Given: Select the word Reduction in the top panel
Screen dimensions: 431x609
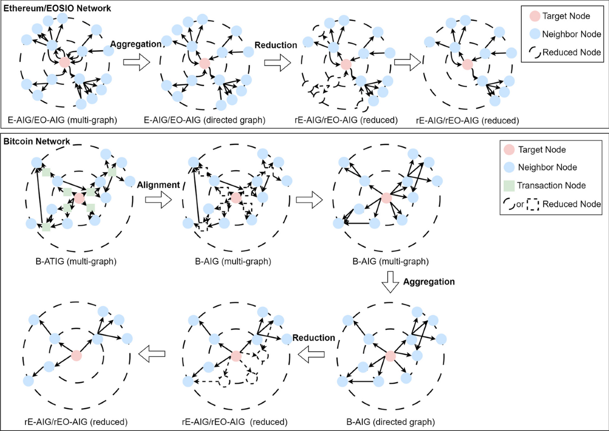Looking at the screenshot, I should coord(276,45).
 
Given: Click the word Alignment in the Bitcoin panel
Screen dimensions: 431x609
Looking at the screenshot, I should coord(158,185).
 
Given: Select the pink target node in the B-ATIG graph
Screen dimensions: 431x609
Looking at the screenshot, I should coord(79,198).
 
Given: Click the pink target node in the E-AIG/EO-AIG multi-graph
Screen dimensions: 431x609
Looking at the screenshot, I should coord(64,63).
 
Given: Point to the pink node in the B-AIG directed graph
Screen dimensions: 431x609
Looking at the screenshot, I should coord(390,356).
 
